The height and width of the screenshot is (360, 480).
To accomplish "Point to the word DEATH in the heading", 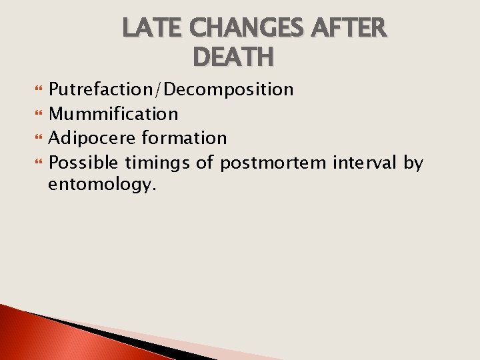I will (232, 57).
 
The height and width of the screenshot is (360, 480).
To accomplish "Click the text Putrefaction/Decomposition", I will (171, 89).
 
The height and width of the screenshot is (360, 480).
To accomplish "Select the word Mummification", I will (113, 114).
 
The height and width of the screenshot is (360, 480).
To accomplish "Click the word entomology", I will (102, 185).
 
